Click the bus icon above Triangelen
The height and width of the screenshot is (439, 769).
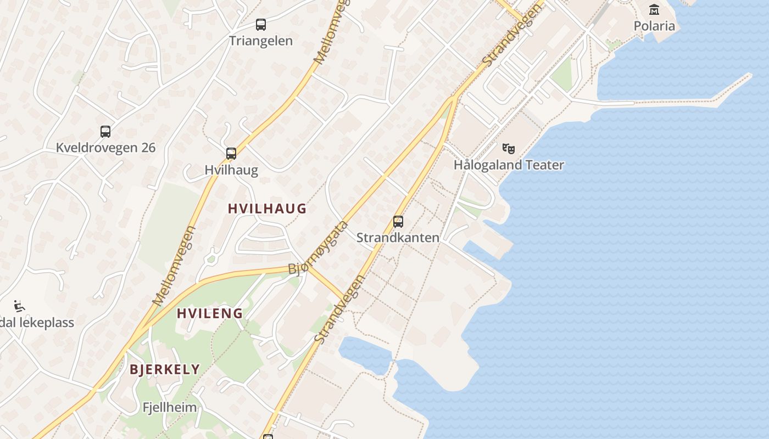261,25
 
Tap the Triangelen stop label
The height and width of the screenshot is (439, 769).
261,41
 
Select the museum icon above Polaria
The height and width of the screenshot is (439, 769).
654,10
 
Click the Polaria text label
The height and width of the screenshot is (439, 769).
654,26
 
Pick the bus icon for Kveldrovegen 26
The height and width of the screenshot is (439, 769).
105,132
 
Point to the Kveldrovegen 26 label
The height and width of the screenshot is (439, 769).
105,148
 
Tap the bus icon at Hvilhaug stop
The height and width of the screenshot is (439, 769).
231,154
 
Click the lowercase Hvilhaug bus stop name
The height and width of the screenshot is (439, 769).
231,170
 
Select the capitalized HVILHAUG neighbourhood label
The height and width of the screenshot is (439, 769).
267,209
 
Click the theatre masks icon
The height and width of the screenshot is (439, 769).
509,149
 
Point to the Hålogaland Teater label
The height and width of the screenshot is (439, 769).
509,165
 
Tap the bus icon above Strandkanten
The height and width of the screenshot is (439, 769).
398,222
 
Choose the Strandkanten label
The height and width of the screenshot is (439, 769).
398,238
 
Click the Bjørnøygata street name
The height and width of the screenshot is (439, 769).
319,247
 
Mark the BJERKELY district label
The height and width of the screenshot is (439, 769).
165,369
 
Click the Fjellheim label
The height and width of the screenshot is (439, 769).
169,408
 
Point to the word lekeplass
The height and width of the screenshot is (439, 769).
47,322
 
